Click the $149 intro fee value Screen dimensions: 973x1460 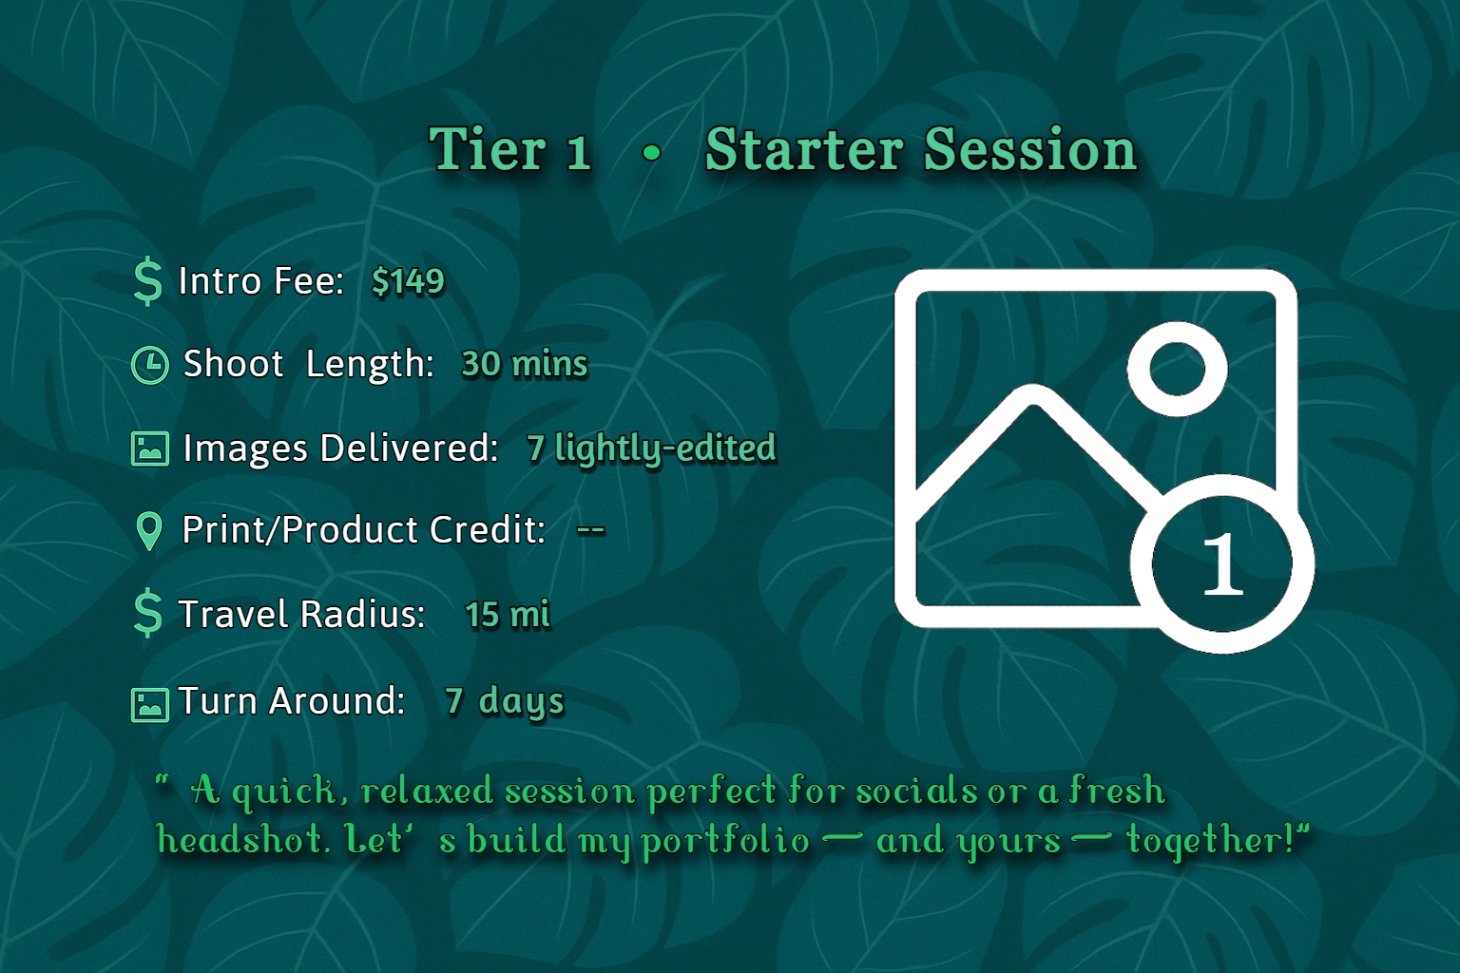(x=408, y=281)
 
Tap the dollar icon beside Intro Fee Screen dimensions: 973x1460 (x=148, y=281)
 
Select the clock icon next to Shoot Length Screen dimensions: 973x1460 (x=149, y=365)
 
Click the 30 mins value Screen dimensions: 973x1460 (x=524, y=364)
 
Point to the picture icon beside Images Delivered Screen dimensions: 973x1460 (x=149, y=448)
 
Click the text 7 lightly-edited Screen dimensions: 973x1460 (x=651, y=448)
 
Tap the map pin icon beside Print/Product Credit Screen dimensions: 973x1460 (x=149, y=531)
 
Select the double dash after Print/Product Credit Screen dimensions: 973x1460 (x=590, y=530)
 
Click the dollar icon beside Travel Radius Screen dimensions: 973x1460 (x=148, y=613)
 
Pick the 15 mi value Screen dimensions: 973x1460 (x=508, y=615)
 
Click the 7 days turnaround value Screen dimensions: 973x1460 (x=504, y=701)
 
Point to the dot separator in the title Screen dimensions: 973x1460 (x=651, y=152)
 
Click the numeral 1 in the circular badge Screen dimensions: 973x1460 (x=1222, y=564)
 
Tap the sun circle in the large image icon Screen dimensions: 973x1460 (x=1177, y=369)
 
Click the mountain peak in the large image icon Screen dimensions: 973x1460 (x=1033, y=399)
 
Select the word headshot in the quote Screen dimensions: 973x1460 (x=242, y=840)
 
